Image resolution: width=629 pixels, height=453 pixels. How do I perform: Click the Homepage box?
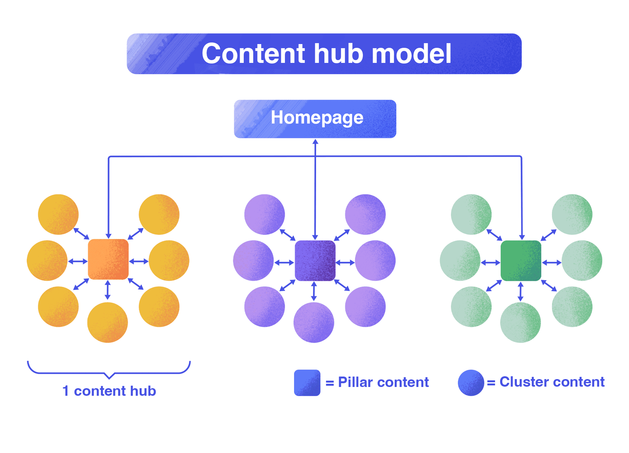[315, 119]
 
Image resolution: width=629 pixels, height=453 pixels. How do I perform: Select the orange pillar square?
[108, 259]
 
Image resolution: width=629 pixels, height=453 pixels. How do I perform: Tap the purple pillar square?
[315, 260]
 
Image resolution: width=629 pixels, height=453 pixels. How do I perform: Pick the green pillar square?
[521, 260]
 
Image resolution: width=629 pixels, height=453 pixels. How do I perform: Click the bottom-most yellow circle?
[107, 323]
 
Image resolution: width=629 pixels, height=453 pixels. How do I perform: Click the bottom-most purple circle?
[314, 323]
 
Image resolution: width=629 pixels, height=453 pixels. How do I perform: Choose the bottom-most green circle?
[520, 323]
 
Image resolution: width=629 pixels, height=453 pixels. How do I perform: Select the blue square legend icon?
[307, 382]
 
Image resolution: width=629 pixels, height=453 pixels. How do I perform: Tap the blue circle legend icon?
[471, 382]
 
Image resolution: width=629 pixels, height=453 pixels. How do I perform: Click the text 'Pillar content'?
[383, 382]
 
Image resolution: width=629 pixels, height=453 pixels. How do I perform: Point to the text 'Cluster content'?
[552, 382]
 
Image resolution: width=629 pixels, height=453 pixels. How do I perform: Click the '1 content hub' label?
[109, 391]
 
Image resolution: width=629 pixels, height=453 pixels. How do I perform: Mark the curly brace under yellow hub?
[109, 371]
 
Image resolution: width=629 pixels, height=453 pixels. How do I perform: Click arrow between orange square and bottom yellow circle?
[108, 290]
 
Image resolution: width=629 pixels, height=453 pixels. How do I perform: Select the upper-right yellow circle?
[159, 215]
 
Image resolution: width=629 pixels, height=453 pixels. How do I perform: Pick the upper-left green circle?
[471, 215]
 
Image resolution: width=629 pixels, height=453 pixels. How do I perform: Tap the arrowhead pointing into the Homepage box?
[315, 142]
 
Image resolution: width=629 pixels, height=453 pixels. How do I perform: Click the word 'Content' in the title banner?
[253, 54]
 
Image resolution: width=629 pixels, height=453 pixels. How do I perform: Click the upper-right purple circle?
[365, 215]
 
